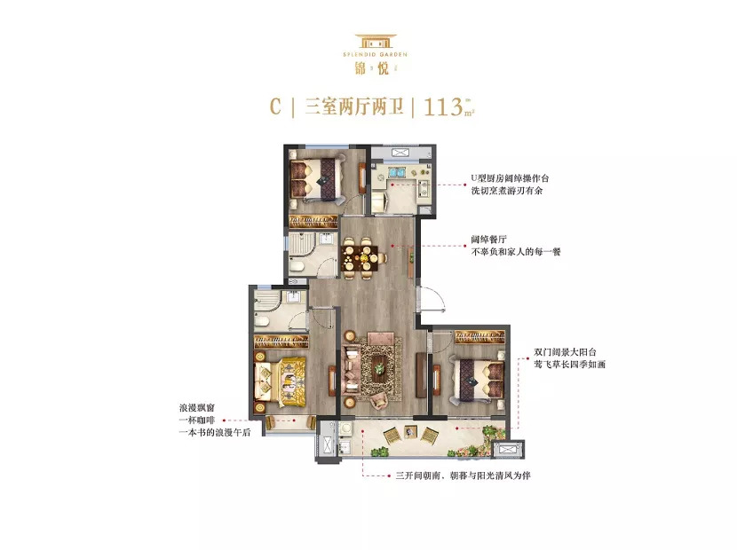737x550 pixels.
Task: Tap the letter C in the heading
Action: (x=275, y=106)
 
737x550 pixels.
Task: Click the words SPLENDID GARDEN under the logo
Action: (x=375, y=54)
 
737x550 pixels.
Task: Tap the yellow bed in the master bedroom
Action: (x=280, y=380)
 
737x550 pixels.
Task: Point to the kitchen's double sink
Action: (x=395, y=172)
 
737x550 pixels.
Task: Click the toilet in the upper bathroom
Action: (x=297, y=266)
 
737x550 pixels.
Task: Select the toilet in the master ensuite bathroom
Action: (x=261, y=321)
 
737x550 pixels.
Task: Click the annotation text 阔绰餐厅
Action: (x=489, y=240)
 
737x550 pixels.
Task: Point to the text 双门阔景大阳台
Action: (x=566, y=352)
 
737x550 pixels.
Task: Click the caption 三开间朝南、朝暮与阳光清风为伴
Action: (x=463, y=475)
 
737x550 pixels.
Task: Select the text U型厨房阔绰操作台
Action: (x=510, y=178)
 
